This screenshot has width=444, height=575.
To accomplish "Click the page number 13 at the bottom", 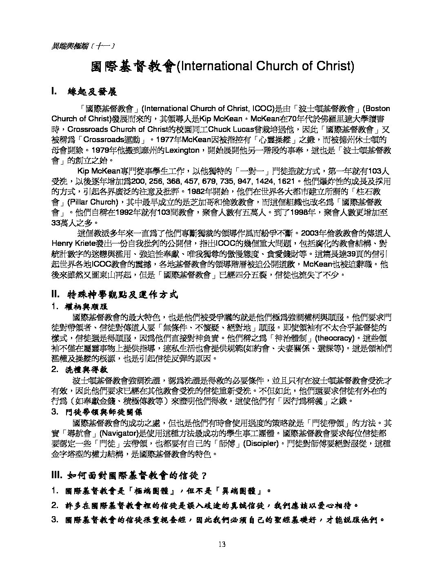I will (x=222, y=544).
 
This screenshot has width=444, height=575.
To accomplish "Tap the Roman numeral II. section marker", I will (x=56, y=294).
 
